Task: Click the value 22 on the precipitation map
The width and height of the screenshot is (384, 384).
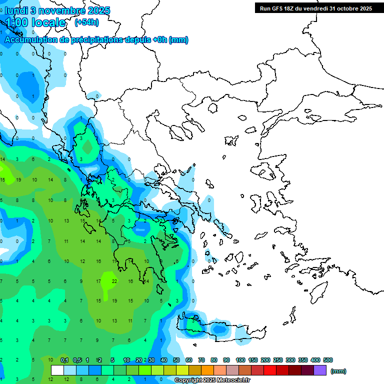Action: pyautogui.click(x=114, y=281)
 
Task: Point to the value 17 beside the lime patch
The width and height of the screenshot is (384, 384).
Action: pyautogui.click(x=98, y=281)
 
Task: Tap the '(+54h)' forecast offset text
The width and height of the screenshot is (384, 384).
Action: pyautogui.click(x=86, y=22)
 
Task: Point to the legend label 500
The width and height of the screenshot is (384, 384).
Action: pyautogui.click(x=328, y=360)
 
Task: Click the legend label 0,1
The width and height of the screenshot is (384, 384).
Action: pyautogui.click(x=64, y=360)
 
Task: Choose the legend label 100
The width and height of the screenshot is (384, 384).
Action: pyautogui.click(x=240, y=360)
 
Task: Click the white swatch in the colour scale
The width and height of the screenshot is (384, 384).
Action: pyautogui.click(x=57, y=370)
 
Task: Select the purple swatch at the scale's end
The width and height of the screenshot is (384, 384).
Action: pyautogui.click(x=320, y=370)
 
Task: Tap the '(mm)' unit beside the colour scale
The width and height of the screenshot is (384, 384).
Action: pyautogui.click(x=338, y=371)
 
